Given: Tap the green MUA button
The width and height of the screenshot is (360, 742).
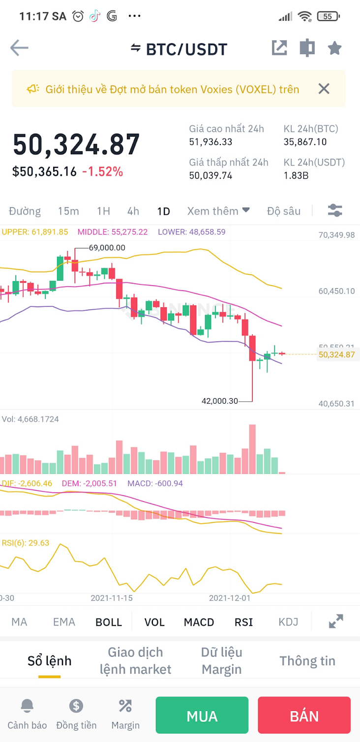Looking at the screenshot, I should tap(202, 715).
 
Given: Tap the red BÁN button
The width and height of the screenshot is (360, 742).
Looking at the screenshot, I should tap(304, 715).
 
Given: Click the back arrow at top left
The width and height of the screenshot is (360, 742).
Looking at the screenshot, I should tap(20, 48).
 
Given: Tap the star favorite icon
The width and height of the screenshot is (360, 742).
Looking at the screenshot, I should tap(334, 48).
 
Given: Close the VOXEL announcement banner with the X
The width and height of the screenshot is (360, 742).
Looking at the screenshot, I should tap(324, 89).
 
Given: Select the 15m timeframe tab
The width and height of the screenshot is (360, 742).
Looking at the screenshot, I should tap(68, 211).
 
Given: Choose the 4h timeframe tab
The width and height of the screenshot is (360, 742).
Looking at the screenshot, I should tap(133, 211).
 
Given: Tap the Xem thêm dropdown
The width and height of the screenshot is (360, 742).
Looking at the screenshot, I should tap(218, 211).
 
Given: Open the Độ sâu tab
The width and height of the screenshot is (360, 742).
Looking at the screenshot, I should tap(284, 211).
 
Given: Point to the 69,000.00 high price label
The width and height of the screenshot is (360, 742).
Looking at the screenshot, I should tap(107, 248).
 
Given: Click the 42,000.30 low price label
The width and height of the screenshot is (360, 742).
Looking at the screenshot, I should tap(219, 401).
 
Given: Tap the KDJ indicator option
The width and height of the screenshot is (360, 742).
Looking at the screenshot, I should tap(288, 622).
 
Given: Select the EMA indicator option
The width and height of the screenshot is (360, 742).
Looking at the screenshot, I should tap(64, 622).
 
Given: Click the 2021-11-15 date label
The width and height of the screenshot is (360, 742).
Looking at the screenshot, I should tap(112, 598).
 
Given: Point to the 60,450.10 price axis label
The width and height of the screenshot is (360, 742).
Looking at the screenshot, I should tap(336, 291).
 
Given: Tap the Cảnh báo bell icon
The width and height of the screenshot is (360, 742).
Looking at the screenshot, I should tap(27, 707).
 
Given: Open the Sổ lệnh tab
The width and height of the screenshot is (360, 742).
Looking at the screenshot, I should tap(49, 661).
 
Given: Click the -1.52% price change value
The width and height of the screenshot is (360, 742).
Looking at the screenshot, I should tap(102, 172).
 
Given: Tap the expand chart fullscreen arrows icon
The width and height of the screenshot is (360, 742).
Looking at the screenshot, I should tap(336, 622).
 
